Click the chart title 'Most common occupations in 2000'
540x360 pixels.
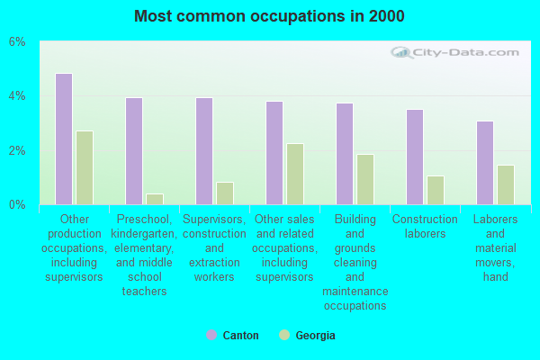pos(269,16)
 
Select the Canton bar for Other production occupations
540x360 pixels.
pos(64,139)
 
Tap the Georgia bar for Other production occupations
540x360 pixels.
pos(85,167)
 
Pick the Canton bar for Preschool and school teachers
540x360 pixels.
pos(134,151)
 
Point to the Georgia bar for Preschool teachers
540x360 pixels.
pos(155,199)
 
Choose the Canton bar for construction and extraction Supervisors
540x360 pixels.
pos(204,151)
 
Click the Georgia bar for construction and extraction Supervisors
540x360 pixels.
pos(225,193)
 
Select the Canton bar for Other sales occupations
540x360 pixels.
pos(274,153)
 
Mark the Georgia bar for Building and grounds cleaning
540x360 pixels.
pos(365,179)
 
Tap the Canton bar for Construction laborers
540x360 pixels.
pos(415,157)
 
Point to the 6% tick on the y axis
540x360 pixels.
pos(18,42)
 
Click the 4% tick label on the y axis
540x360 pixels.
pos(18,96)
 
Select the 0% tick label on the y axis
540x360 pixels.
pos(18,205)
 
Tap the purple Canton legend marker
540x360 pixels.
pos(211,336)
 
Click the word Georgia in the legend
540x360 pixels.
pos(315,336)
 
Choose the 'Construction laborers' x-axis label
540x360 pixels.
pos(425,226)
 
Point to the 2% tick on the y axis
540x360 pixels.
pos(18,151)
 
